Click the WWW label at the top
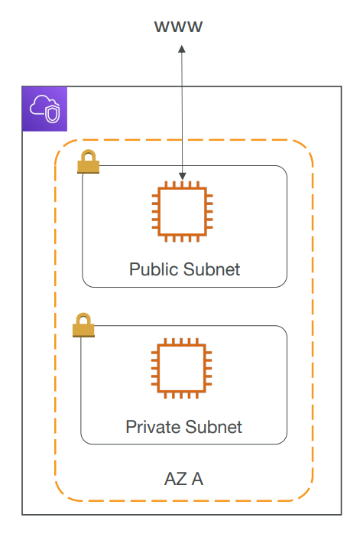point(178,27)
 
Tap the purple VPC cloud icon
point(44,109)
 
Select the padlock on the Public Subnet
point(89,161)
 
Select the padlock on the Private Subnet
point(83,325)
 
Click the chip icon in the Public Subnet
point(182,211)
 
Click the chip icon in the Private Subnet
point(181,368)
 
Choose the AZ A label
point(183,479)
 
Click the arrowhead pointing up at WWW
point(182,50)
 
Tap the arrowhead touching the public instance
point(183,176)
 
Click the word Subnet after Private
point(214,427)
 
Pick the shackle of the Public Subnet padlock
point(89,155)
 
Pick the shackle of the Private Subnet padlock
point(83,318)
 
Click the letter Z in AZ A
point(182,479)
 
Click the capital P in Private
point(131,427)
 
